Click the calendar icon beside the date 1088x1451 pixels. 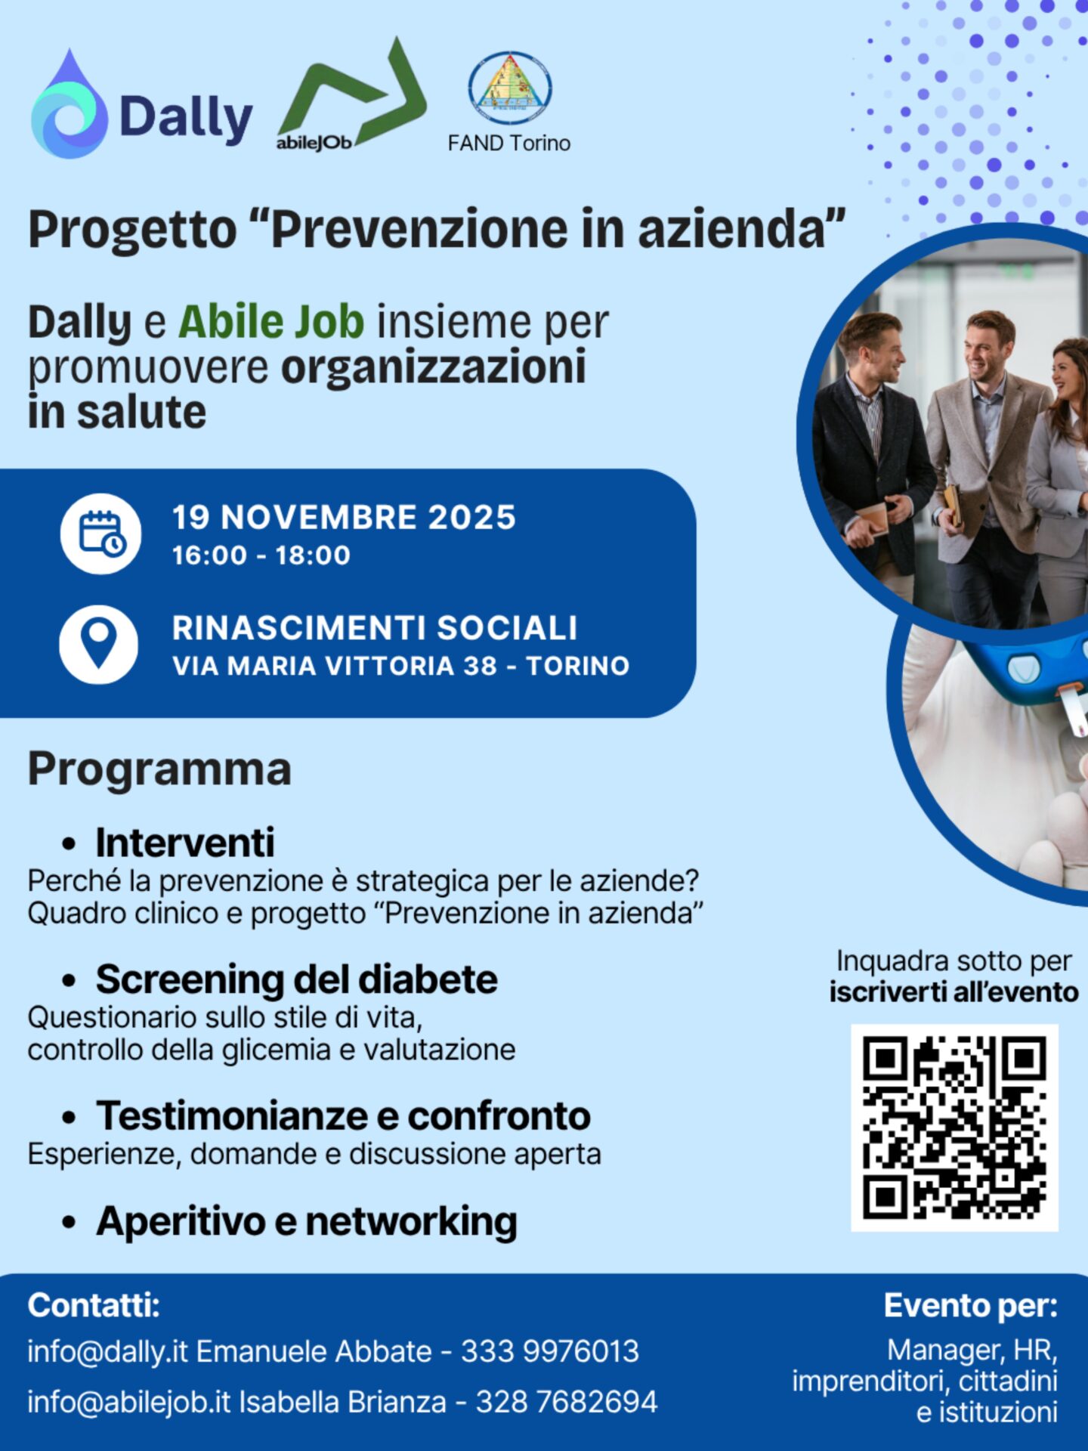[x=100, y=534]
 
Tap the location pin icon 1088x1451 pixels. [x=99, y=644]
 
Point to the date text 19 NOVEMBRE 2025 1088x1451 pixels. [x=344, y=518]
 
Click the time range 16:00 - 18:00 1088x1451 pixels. [x=261, y=555]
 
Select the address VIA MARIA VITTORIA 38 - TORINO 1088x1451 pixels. [x=400, y=666]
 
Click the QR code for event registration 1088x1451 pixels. [x=954, y=1128]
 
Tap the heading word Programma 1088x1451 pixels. [x=159, y=769]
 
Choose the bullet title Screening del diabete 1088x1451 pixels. [x=297, y=979]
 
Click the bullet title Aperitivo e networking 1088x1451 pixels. [x=307, y=1221]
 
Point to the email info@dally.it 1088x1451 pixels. [x=107, y=1351]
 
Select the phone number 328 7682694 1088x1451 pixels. [x=567, y=1402]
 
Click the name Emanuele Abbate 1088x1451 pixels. [x=314, y=1351]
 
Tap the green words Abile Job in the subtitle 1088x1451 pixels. [x=271, y=322]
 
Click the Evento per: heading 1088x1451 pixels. [x=971, y=1306]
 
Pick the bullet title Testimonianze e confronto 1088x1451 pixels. [x=343, y=1115]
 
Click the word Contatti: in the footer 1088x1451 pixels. [x=94, y=1305]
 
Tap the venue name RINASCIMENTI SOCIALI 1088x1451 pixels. [x=375, y=628]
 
